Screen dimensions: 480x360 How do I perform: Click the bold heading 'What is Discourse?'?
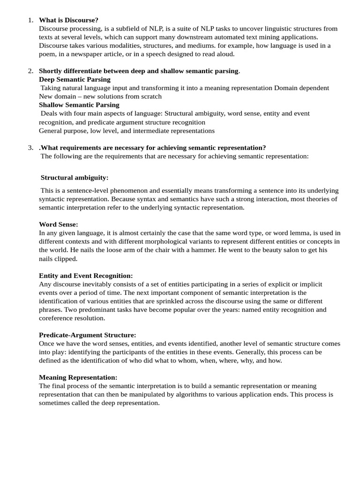point(68,20)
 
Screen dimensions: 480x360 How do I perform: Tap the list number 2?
point(30,71)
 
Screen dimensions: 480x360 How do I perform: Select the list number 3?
point(30,148)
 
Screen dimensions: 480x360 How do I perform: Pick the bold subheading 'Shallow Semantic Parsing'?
point(79,105)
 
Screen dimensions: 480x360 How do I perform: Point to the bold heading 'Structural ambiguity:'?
point(75,178)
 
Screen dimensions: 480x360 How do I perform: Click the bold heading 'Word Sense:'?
point(59,225)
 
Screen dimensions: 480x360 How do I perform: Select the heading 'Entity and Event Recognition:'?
point(86,276)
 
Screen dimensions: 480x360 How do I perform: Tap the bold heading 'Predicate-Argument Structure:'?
point(88,335)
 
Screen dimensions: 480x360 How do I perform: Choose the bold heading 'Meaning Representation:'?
point(78,377)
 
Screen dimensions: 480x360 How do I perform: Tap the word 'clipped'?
point(66,259)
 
